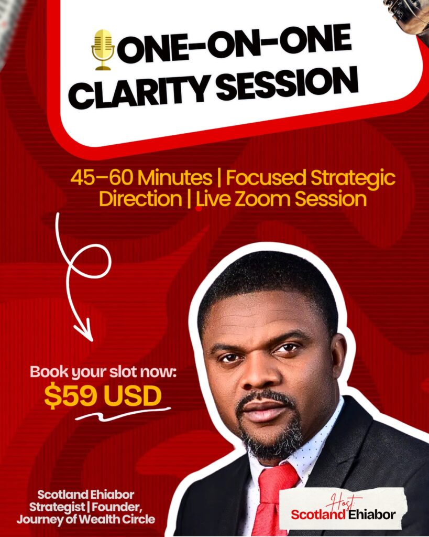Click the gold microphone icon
click(103, 50)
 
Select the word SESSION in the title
click(287, 81)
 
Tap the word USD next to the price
click(132, 396)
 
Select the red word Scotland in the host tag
click(318, 514)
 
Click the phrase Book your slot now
click(103, 372)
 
